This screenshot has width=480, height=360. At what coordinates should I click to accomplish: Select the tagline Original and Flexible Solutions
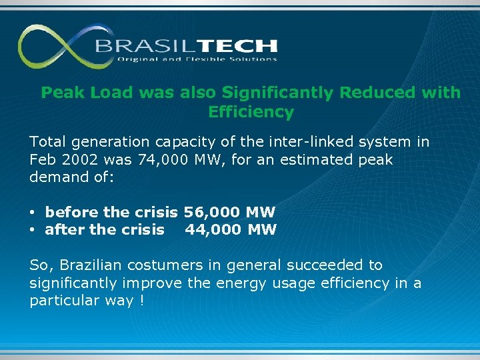[197, 59]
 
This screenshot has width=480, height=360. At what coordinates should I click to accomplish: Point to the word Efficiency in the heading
[251, 112]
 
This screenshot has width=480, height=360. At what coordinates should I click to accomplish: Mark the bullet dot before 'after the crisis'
[33, 231]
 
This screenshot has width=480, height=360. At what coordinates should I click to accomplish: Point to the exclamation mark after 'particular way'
[142, 301]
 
